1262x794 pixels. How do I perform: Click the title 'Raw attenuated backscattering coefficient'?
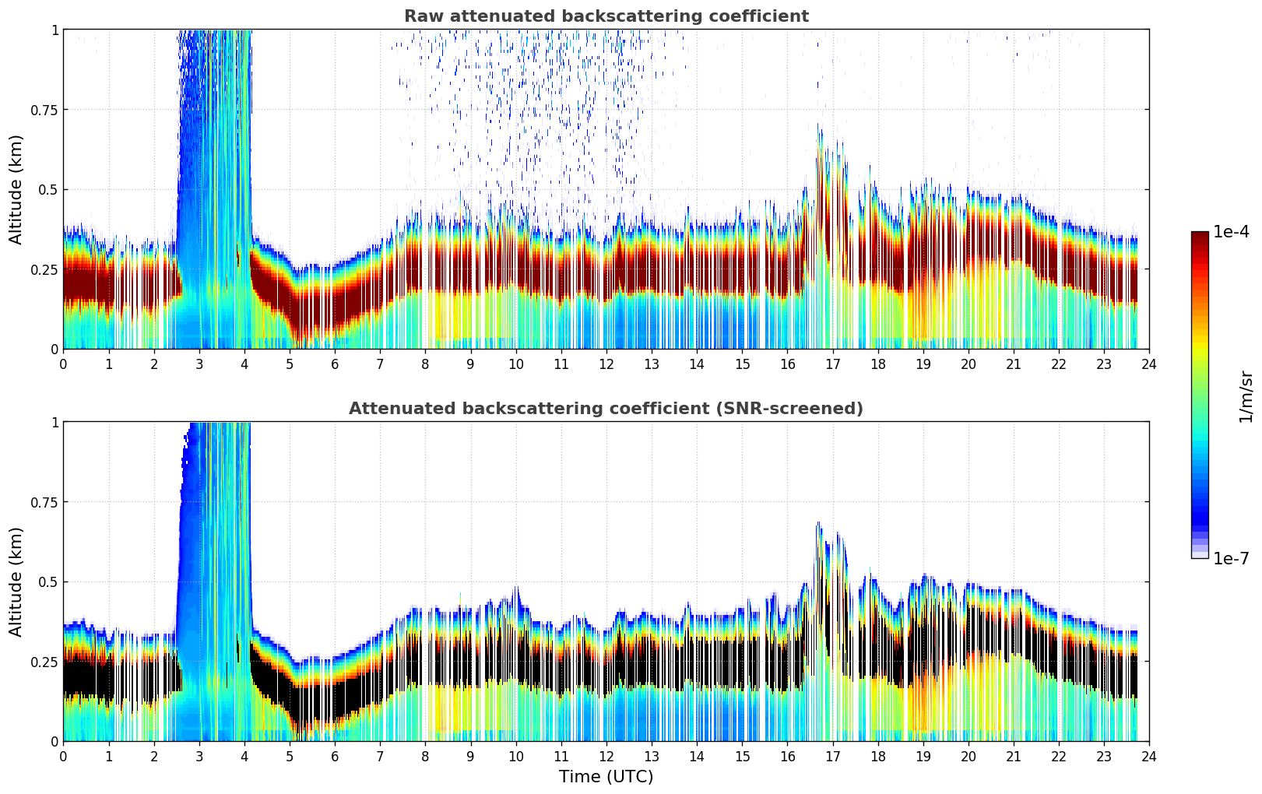606,16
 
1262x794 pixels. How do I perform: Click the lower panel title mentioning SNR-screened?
606,409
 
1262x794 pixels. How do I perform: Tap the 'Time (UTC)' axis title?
606,776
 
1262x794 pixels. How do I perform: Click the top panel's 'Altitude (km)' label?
16,189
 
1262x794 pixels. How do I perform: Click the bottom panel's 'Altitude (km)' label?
16,581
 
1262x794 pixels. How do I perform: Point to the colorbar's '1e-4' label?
1231,232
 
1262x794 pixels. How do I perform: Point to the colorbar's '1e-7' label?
1231,558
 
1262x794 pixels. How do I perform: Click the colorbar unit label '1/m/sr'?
1245,396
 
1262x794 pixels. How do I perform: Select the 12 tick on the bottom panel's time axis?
606,756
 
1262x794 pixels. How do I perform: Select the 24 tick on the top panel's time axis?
1149,364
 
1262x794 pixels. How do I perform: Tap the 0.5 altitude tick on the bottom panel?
47,581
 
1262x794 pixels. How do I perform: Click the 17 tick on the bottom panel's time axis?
832,756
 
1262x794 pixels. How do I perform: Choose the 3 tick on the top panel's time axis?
199,364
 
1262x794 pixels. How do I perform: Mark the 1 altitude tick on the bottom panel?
54,422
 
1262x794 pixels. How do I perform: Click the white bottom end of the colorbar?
1200,555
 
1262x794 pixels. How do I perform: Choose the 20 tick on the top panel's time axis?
968,364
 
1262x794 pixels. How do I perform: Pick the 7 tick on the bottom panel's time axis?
380,756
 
